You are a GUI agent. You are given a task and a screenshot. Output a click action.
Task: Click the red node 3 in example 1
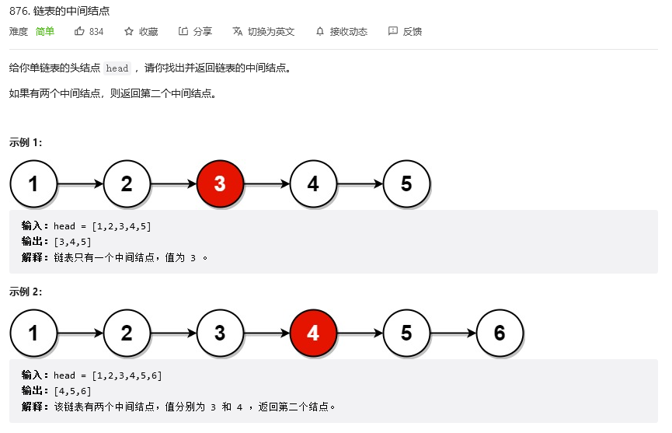(220, 184)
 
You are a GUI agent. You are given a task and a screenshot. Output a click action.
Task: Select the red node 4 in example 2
(313, 333)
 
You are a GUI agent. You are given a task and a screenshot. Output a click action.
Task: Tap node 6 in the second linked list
(500, 333)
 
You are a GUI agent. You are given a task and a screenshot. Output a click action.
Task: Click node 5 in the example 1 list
(406, 184)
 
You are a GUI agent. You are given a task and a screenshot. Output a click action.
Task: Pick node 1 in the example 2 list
(33, 333)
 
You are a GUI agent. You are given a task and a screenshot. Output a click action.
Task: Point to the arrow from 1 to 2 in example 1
(80, 184)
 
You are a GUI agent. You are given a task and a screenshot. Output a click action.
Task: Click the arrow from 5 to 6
(453, 333)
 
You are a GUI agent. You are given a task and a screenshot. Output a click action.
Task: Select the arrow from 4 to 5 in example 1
(360, 184)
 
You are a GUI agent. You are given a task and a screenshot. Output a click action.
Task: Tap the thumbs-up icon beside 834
(79, 31)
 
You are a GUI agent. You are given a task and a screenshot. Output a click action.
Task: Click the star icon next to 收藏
(129, 31)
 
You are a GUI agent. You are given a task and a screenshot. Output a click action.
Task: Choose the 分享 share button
(195, 31)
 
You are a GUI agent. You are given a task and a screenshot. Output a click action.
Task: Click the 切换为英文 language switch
(263, 31)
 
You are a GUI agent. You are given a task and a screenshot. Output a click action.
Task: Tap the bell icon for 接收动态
(320, 31)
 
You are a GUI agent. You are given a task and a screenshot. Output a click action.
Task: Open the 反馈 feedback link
(405, 31)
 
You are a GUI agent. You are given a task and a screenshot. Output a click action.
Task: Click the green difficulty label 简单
(45, 31)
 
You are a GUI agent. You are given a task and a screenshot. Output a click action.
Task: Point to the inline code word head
(117, 68)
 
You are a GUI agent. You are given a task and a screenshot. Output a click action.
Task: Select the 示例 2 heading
(26, 292)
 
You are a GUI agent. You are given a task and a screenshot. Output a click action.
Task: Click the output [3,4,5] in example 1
(72, 241)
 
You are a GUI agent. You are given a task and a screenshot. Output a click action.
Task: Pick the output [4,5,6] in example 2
(72, 390)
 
